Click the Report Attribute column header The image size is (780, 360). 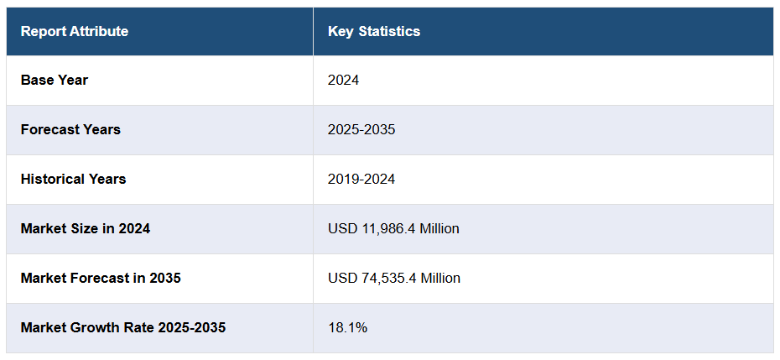[x=75, y=32]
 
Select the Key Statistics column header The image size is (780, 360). [x=374, y=32]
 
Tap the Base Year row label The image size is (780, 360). [x=55, y=81]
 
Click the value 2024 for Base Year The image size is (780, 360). [x=344, y=81]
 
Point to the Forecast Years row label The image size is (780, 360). [x=70, y=130]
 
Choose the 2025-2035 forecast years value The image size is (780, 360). [x=361, y=130]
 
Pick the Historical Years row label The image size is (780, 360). [x=74, y=180]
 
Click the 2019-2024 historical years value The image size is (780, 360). [x=361, y=180]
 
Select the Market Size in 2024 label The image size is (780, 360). [x=86, y=229]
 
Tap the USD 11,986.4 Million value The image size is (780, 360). [x=393, y=229]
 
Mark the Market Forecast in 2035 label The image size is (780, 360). [x=101, y=279]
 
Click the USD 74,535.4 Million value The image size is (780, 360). [x=394, y=279]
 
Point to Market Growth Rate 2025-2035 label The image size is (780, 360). [x=123, y=328]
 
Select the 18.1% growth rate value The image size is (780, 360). [x=347, y=328]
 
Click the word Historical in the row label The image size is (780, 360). [x=51, y=180]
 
